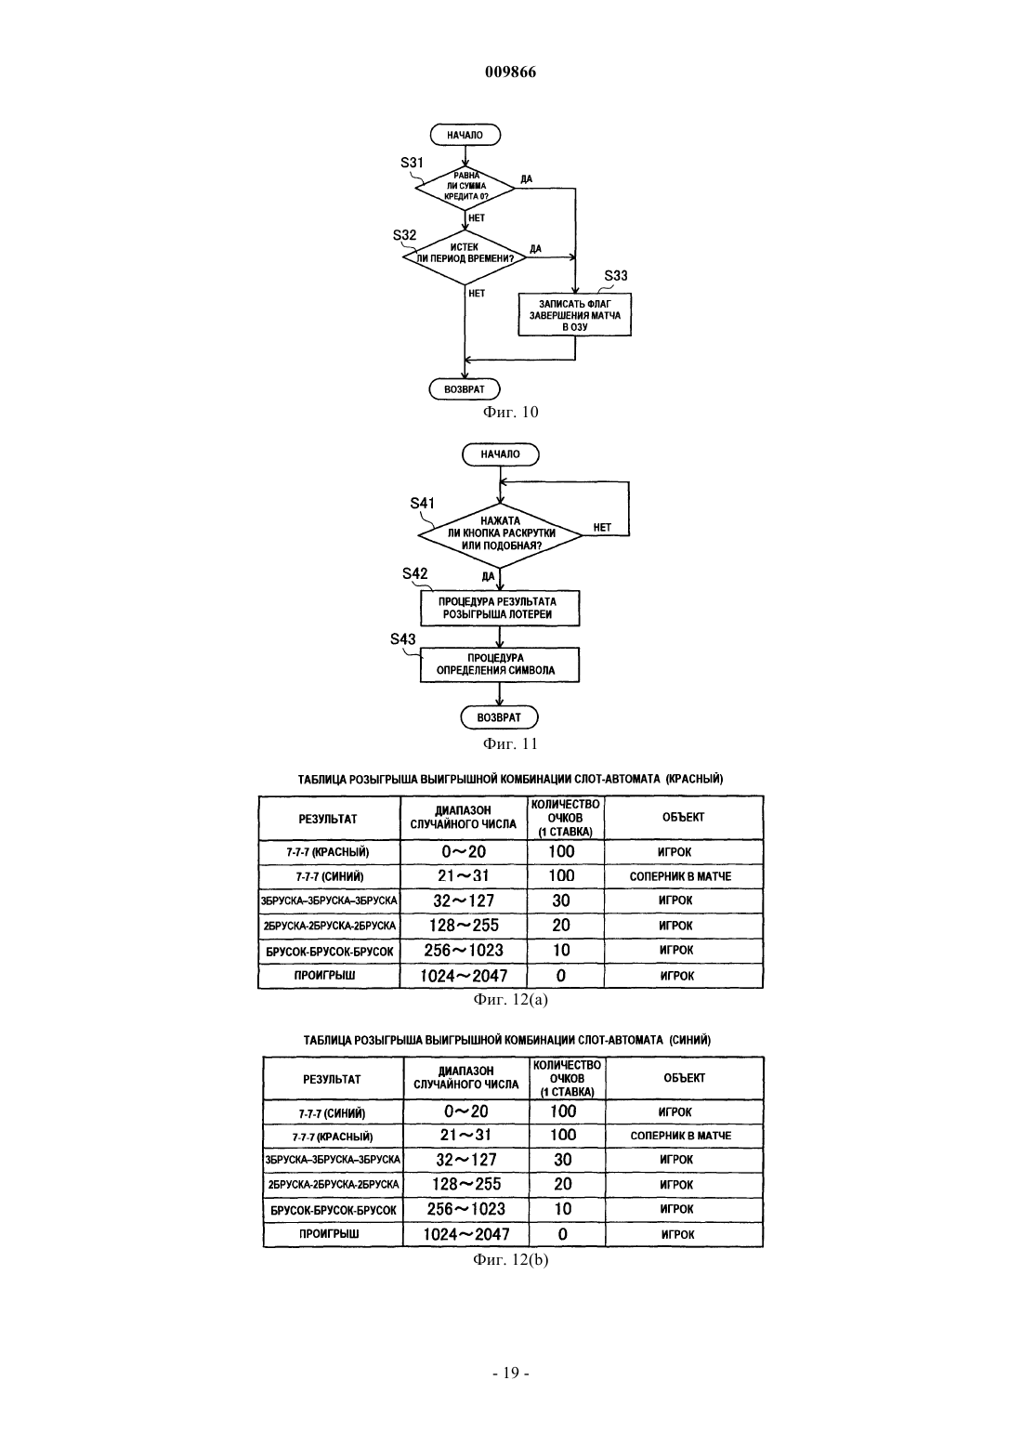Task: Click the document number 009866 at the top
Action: pyautogui.click(x=510, y=72)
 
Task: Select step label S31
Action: pyautogui.click(x=412, y=163)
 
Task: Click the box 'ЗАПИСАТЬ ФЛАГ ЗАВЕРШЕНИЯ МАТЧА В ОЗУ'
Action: pyautogui.click(x=575, y=315)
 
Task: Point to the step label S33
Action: pyautogui.click(x=615, y=276)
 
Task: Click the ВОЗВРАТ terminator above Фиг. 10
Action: pyautogui.click(x=465, y=389)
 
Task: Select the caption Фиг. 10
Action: pyautogui.click(x=510, y=412)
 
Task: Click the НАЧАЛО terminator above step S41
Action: pyautogui.click(x=500, y=454)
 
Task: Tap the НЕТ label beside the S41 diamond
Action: pyautogui.click(x=602, y=528)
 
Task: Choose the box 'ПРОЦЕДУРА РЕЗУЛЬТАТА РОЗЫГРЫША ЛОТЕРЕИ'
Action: pyautogui.click(x=500, y=608)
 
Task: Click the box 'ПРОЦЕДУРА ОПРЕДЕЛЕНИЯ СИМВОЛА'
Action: pyautogui.click(x=500, y=664)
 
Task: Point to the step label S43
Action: pyautogui.click(x=403, y=639)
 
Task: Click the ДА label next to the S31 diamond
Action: pyautogui.click(x=527, y=178)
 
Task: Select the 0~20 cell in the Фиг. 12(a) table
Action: pyautogui.click(x=464, y=851)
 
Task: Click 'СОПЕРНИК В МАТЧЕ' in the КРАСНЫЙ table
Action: pyautogui.click(x=681, y=876)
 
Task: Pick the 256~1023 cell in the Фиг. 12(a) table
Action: pyautogui.click(x=464, y=951)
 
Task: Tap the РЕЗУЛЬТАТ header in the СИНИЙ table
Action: pyautogui.click(x=333, y=1079)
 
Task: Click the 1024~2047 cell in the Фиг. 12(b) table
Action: pyautogui.click(x=466, y=1234)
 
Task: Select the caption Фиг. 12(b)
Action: pyautogui.click(x=510, y=1259)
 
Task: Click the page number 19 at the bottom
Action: pyautogui.click(x=510, y=1373)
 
